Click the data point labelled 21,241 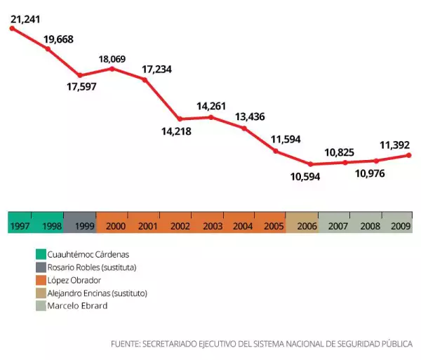click(x=12, y=28)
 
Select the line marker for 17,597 click(x=80, y=75)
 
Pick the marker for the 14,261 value click(x=211, y=116)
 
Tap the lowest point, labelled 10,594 click(x=309, y=164)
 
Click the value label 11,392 click(x=394, y=145)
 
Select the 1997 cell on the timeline click(x=20, y=225)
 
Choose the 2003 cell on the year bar click(x=212, y=225)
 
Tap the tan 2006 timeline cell click(x=307, y=225)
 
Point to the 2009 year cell click(x=401, y=225)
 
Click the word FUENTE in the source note click(x=125, y=344)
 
